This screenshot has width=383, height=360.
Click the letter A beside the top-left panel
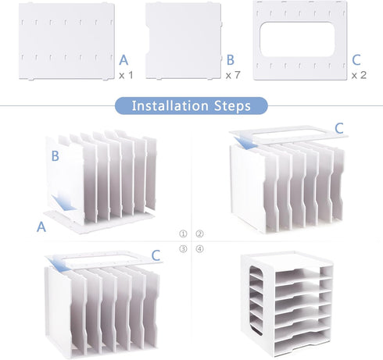point(123,60)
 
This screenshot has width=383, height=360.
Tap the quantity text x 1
point(126,76)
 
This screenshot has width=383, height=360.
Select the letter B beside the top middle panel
point(231,60)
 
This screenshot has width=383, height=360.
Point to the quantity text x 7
point(233,75)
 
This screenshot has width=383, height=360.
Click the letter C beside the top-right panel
point(356,60)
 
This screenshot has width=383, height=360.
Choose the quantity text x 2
point(359,75)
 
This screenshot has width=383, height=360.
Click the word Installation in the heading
point(170,105)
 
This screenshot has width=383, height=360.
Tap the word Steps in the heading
point(232,106)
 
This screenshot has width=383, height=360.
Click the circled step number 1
point(183,233)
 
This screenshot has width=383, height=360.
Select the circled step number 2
point(199,233)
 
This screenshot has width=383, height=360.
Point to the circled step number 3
point(183,249)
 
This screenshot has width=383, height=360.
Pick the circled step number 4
point(199,249)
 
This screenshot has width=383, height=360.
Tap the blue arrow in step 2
point(245,142)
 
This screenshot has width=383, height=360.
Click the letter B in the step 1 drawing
point(55,156)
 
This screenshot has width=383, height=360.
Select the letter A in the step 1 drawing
point(41,226)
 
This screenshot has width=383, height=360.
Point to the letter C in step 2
point(339,128)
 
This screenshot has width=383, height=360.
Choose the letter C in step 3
point(156,255)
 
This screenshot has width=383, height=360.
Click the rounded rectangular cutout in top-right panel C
point(297,39)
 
